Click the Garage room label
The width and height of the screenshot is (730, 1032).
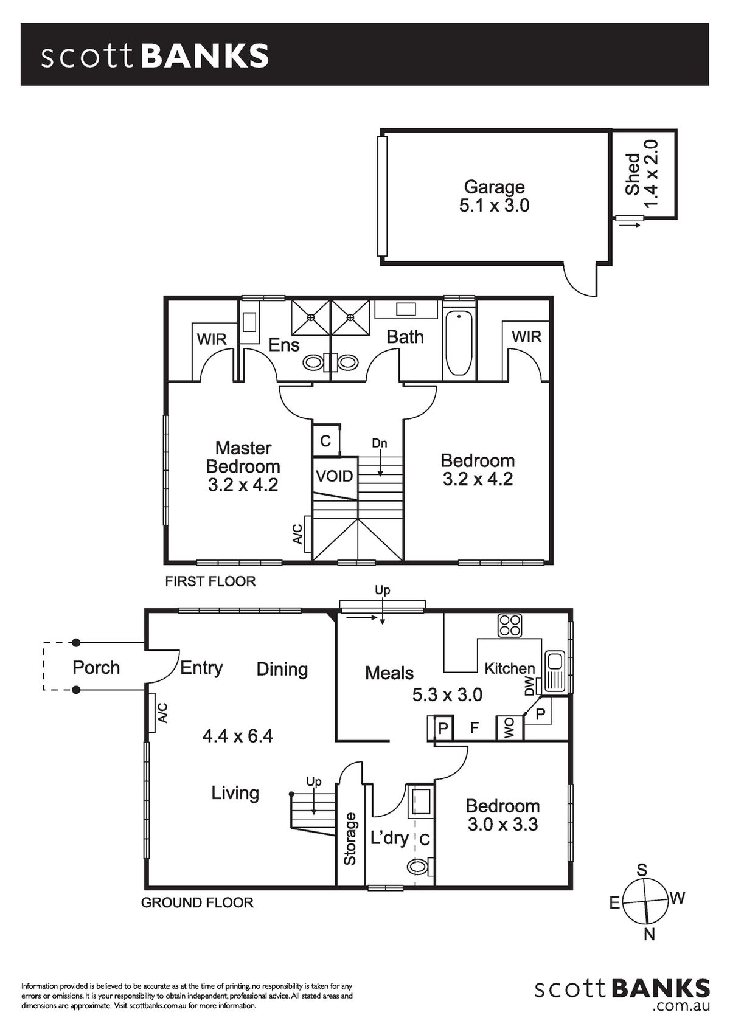coord(494,187)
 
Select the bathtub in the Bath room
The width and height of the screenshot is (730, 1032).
coord(459,343)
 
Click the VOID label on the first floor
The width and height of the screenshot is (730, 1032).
coord(335,476)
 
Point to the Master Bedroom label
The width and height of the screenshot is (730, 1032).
coord(243,457)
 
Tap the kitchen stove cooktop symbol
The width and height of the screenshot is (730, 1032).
coord(510,626)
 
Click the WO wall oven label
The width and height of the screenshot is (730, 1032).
coord(509,729)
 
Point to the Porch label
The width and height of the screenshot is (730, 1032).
coord(96,668)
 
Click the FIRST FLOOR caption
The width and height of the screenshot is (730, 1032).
coord(210,581)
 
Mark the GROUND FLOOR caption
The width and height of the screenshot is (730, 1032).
coord(197,902)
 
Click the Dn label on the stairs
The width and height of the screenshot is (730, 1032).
coord(380,444)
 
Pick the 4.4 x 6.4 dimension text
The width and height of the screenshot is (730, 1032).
coord(237,736)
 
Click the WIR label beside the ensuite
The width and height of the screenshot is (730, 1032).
coord(212,339)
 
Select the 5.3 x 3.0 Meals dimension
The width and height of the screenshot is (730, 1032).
coord(447,694)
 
